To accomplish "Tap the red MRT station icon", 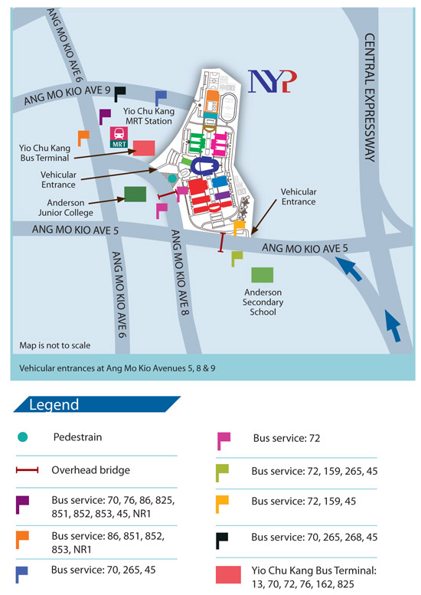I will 119,136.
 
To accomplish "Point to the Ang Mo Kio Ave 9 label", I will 57,96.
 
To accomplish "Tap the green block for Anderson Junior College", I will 135,195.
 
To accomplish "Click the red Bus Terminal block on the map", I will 144,147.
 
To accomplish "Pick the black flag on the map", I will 119,93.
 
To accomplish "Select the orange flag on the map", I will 83,137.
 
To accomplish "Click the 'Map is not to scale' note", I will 54,345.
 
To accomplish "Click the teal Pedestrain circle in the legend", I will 22,437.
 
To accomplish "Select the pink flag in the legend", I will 223,440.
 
